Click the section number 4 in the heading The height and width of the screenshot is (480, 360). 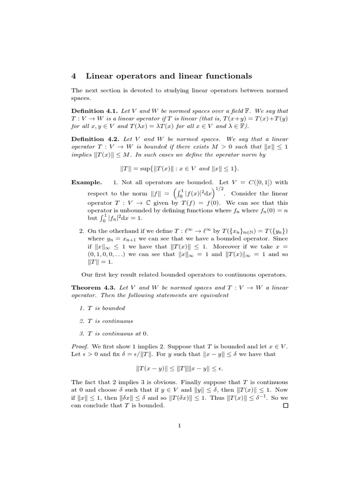click(x=74, y=76)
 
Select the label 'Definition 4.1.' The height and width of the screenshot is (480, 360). click(x=95, y=111)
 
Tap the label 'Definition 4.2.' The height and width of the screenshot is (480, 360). click(x=95, y=139)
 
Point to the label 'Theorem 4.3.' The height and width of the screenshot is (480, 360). click(x=94, y=287)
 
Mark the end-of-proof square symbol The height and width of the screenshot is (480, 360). click(x=285, y=405)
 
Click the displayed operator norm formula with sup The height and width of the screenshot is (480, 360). click(x=180, y=168)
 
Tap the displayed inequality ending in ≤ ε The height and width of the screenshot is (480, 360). click(x=180, y=369)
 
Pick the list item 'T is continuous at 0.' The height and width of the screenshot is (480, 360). click(x=118, y=333)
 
